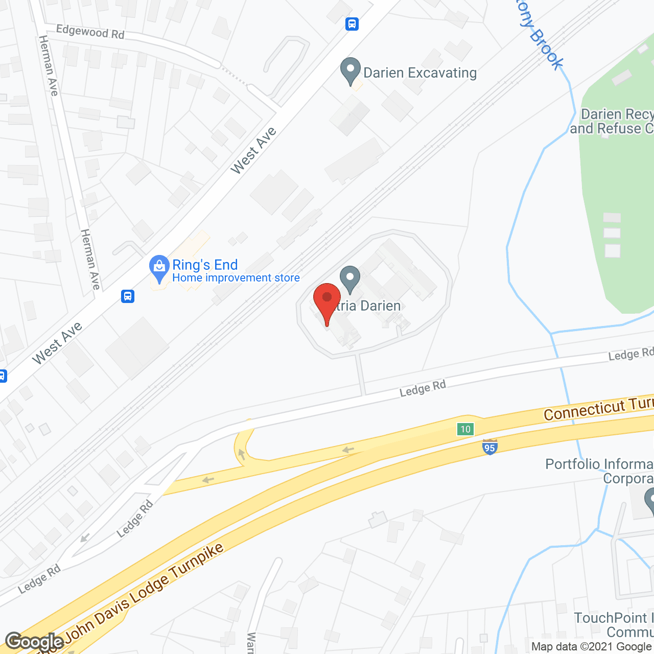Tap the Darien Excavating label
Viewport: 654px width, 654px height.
(x=420, y=73)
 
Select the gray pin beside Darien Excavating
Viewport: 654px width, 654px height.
(x=351, y=71)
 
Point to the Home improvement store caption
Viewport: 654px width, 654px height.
(x=236, y=278)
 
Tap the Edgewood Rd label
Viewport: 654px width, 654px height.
(x=90, y=32)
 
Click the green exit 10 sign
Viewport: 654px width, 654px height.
(x=465, y=429)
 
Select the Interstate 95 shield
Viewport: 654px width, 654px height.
(x=489, y=447)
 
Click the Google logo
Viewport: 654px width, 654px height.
(x=35, y=641)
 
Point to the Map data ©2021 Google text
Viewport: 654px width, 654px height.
(x=592, y=647)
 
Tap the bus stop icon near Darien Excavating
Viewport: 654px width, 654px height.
(x=352, y=24)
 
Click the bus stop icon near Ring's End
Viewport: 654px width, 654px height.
(x=128, y=296)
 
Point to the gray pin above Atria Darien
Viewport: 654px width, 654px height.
(x=350, y=278)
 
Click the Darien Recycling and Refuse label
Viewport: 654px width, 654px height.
(x=613, y=122)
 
